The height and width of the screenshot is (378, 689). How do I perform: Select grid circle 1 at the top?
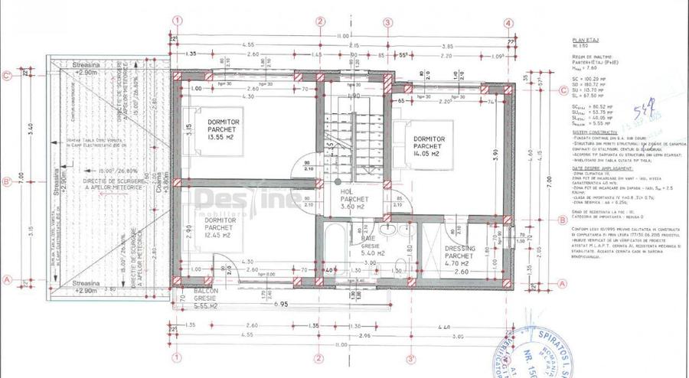177,21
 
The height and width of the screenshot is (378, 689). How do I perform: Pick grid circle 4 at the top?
509,22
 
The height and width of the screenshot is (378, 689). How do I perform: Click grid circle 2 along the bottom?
319,357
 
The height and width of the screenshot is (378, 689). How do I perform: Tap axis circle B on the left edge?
7,181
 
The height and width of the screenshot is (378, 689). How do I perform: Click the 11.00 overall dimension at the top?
342,36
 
